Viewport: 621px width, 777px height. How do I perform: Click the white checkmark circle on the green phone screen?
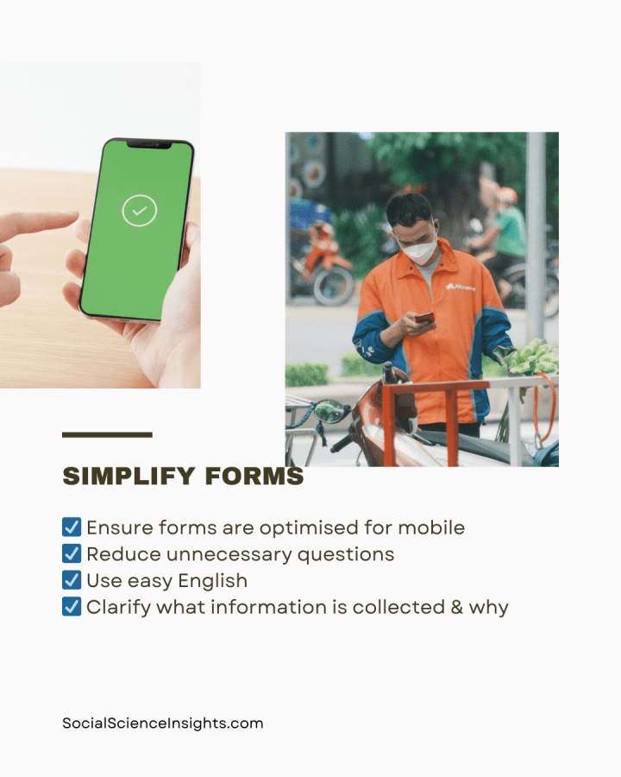point(139,210)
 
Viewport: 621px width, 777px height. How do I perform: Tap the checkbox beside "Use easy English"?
point(72,580)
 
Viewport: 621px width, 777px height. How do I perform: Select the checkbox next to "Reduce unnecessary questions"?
point(72,553)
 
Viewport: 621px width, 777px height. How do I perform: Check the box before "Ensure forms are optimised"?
point(72,527)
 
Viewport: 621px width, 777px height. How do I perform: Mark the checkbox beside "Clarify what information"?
point(72,607)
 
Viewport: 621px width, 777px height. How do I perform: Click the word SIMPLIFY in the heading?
point(124,477)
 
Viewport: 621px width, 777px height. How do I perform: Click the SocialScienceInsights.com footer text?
point(162,723)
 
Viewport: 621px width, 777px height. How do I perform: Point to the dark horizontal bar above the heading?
point(107,434)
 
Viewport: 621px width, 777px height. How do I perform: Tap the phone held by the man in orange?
point(424,319)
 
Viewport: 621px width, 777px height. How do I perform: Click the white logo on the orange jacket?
point(461,286)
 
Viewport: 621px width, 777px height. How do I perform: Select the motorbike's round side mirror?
point(331,412)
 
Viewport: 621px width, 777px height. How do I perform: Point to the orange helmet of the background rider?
point(507,195)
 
